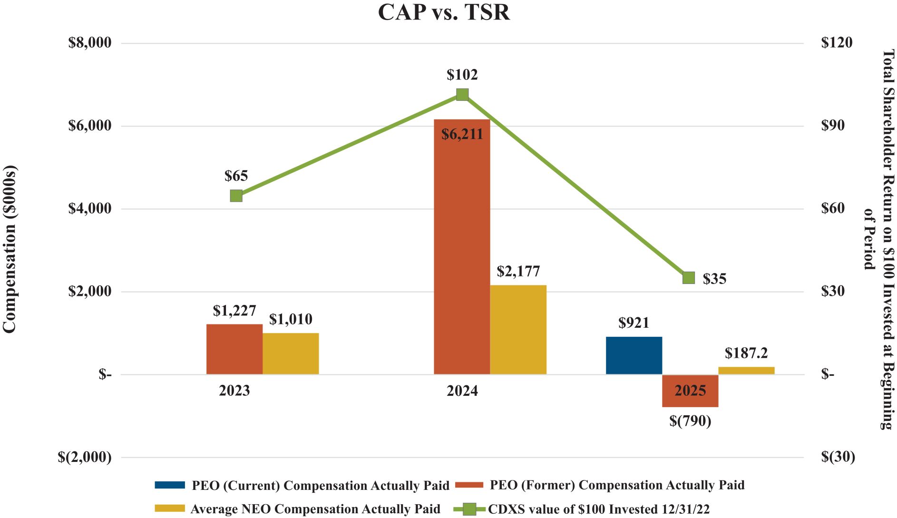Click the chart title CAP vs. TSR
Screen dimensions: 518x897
point(444,12)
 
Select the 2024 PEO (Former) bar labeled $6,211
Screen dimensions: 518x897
point(462,247)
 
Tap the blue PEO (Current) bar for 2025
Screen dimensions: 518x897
point(634,355)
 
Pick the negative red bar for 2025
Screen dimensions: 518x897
point(690,391)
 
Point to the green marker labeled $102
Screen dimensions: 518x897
point(462,95)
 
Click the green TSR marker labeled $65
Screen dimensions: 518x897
point(236,195)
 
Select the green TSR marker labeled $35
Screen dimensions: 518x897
point(689,278)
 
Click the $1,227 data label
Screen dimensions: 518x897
point(234,311)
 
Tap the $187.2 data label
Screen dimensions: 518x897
point(746,353)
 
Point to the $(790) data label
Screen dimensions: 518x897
point(690,421)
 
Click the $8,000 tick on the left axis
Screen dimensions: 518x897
point(90,43)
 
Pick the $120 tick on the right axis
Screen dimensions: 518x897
point(837,43)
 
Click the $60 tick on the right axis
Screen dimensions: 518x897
point(833,208)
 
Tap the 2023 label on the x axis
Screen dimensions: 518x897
point(234,391)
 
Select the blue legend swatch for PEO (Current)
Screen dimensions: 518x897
point(170,485)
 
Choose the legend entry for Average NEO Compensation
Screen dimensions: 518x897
point(315,509)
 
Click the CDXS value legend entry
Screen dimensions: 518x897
point(598,509)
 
